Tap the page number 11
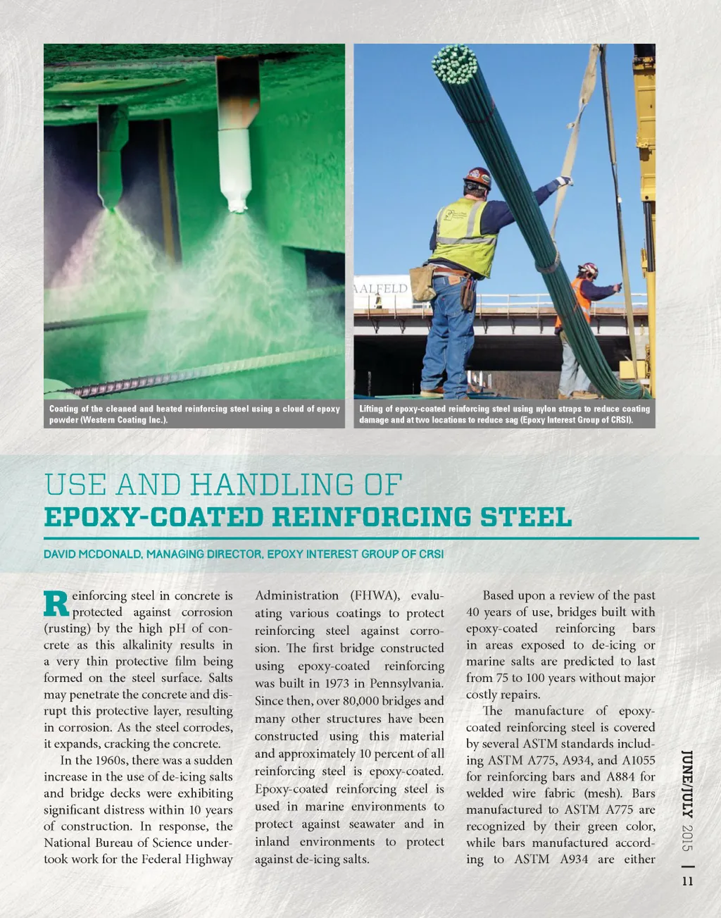(x=687, y=881)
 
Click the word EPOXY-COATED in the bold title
(x=153, y=517)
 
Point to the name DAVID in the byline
(x=59, y=554)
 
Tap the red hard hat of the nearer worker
(x=478, y=176)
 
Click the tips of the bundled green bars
(x=455, y=62)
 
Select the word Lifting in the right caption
(x=371, y=409)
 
